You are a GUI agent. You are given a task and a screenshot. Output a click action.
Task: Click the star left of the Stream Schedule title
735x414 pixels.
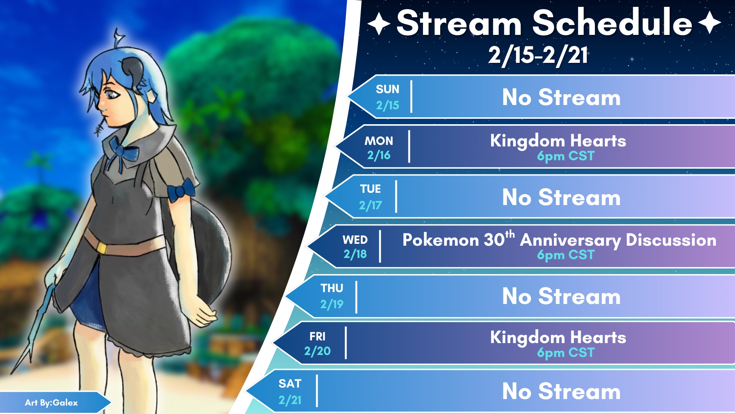point(379,23)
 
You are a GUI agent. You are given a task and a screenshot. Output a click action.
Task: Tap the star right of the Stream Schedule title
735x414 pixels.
point(710,23)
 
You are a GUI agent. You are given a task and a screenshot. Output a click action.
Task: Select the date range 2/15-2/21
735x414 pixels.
point(538,55)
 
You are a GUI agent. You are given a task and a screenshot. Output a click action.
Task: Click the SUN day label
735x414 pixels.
point(387,89)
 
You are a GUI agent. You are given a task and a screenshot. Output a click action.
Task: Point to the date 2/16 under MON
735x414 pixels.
point(379,155)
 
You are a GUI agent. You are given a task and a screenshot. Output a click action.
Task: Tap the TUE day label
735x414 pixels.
point(370,189)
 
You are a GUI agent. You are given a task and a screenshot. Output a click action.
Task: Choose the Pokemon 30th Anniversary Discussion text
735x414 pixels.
point(559,240)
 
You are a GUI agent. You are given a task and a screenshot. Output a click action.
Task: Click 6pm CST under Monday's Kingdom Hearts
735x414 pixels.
point(566,156)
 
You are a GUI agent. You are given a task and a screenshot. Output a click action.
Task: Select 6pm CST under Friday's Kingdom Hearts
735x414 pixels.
point(566,353)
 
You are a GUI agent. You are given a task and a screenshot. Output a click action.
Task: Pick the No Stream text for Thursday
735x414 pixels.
point(561,296)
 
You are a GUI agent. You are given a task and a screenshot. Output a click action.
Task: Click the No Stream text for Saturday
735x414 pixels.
point(561,391)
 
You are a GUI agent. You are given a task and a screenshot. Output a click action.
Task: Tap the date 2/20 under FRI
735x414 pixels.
point(317,351)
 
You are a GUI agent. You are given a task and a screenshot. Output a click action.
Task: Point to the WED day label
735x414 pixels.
point(355,240)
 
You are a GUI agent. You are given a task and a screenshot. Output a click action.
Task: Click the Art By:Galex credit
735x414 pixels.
point(51,402)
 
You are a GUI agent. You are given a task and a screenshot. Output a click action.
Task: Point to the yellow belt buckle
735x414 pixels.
point(101,248)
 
